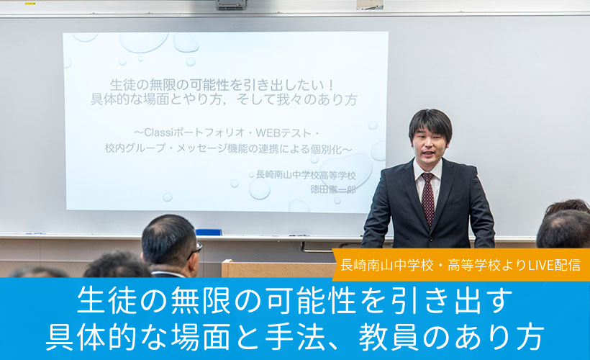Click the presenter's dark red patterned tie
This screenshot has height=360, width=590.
click(x=428, y=199)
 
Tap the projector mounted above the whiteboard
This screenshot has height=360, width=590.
click(x=231, y=4)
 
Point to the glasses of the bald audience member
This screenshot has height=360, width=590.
click(x=196, y=250)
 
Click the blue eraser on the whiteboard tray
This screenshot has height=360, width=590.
click(x=209, y=232)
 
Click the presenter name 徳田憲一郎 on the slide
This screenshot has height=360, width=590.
click(x=333, y=189)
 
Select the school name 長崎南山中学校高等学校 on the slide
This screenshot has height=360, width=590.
click(x=306, y=175)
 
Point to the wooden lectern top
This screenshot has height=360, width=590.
click(x=278, y=263)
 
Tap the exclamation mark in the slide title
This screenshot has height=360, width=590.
click(x=331, y=85)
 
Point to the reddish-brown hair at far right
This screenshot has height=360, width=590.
click(x=568, y=207)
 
